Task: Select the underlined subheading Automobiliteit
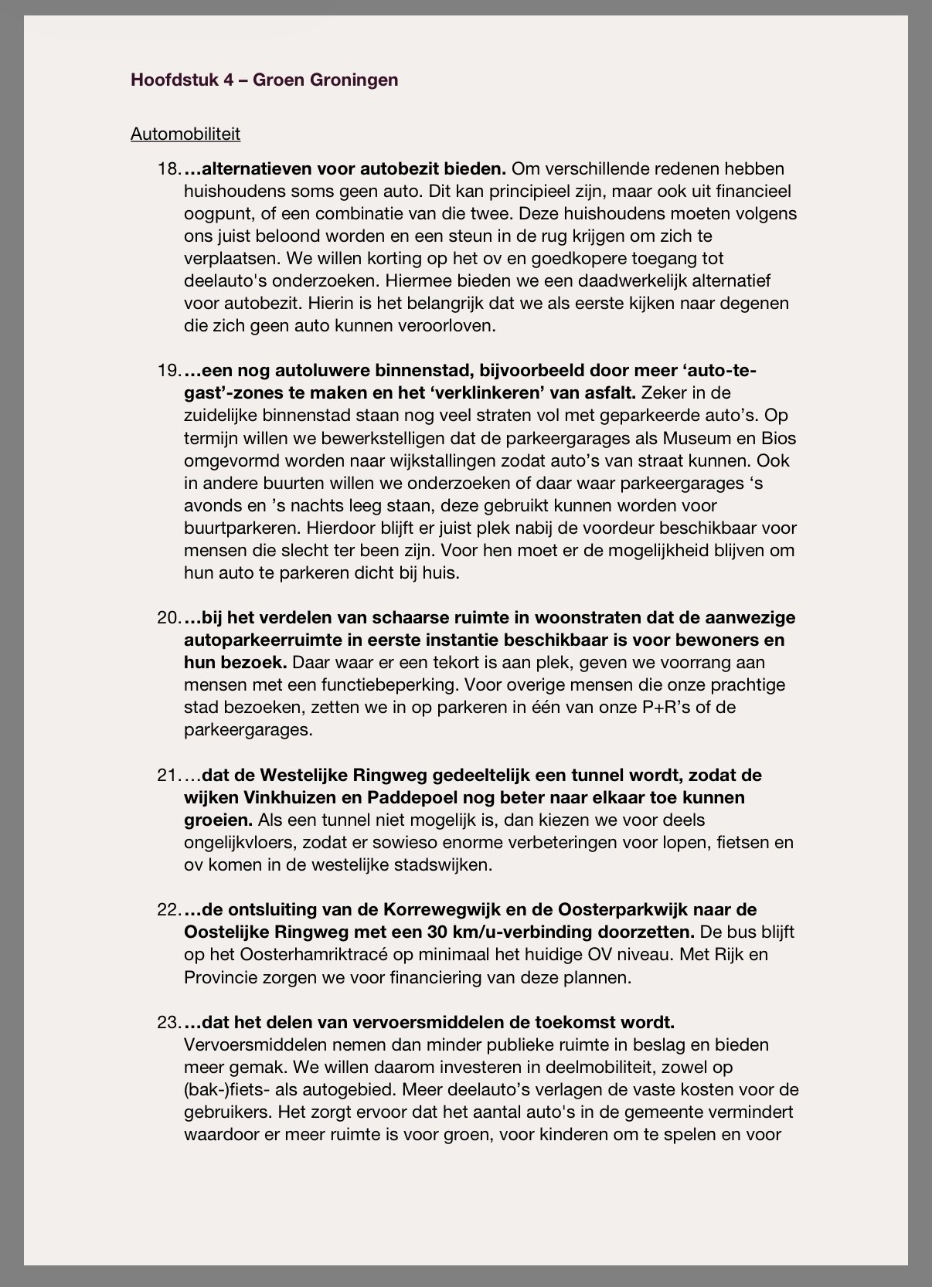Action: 185,134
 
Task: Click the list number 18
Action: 168,168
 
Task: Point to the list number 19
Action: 168,370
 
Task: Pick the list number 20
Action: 168,617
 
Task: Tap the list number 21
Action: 168,775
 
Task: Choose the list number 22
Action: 168,909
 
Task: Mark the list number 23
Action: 168,1022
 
